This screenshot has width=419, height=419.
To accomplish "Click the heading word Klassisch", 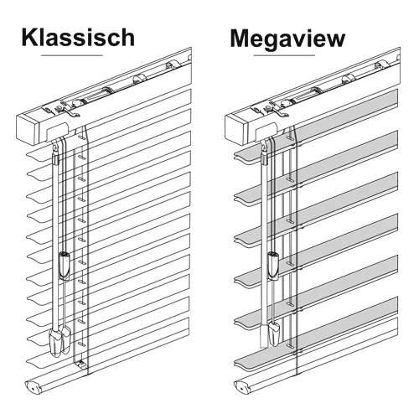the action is (78, 38).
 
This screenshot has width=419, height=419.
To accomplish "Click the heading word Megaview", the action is (287, 39).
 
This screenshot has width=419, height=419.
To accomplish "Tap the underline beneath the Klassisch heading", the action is (72, 55).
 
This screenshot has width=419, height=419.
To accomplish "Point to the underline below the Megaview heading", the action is (284, 55).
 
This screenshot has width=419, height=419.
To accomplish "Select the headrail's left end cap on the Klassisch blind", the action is (27, 129).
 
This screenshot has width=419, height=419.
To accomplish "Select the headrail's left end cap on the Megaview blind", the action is (236, 130).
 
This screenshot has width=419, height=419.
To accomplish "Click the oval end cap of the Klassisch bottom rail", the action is (33, 387).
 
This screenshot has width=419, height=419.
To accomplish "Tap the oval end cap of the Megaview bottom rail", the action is (241, 387).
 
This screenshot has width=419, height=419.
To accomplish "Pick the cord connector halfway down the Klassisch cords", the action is (65, 266).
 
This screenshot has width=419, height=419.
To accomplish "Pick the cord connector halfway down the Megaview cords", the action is (273, 266).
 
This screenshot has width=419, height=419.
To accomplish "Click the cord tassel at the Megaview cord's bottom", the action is (274, 334).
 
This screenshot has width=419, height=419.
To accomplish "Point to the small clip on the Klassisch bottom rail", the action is (80, 365).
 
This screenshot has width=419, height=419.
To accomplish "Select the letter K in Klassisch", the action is (29, 37).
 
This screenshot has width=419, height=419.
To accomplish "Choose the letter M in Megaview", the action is (241, 39).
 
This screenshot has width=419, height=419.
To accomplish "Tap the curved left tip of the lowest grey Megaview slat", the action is (238, 362).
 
